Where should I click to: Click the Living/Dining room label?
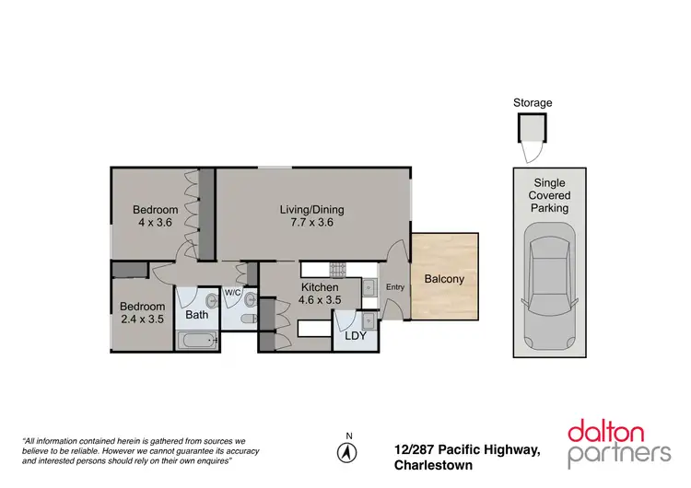click(x=311, y=209)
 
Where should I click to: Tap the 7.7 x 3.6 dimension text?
click(x=311, y=222)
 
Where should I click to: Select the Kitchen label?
click(x=321, y=287)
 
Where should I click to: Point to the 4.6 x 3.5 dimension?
click(x=321, y=300)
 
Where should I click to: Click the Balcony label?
click(x=444, y=279)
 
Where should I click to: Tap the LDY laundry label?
click(x=355, y=336)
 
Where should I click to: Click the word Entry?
click(x=395, y=287)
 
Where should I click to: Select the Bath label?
click(x=197, y=315)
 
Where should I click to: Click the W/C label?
click(x=232, y=293)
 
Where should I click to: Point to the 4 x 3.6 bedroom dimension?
click(x=155, y=222)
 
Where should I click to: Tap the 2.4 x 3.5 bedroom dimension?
click(x=143, y=320)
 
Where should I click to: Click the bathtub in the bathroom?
click(x=197, y=341)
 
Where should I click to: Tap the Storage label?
click(x=533, y=103)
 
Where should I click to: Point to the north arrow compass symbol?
click(x=347, y=452)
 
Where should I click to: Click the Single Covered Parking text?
click(x=549, y=195)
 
